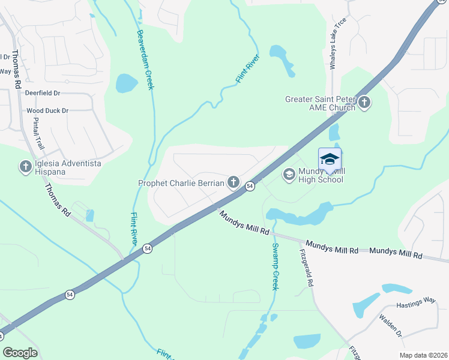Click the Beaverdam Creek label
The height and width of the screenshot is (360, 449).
pos(146,59)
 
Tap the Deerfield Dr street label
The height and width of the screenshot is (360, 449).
pos(43,93)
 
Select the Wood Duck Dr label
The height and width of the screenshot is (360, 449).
pos(47,111)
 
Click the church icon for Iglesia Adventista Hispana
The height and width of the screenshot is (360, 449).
pos(25,166)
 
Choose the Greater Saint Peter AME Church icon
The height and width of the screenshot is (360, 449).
pos(364,103)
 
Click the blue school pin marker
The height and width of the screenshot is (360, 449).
pos(330,160)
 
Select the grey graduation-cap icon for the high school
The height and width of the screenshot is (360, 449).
pos(289,174)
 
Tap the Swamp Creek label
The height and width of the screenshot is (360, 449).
pos(274,267)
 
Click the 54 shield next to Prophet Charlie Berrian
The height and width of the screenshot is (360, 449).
pos(250,187)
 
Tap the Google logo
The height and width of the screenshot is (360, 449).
pos(21,353)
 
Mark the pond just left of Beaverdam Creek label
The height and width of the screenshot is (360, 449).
pos(126,83)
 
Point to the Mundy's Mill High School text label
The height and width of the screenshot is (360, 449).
pos(321,175)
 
